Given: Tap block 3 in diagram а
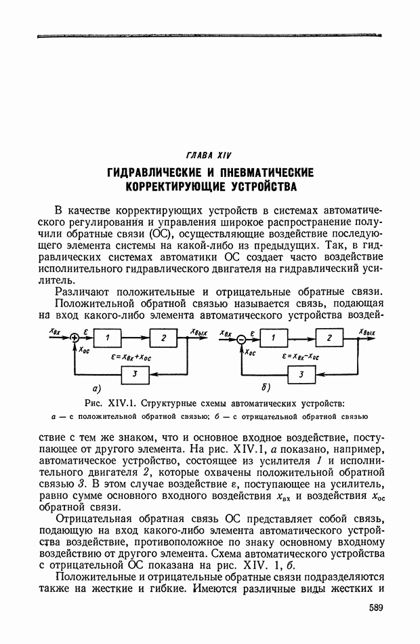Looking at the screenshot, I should [135, 374].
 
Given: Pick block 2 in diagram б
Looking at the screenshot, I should [329, 338].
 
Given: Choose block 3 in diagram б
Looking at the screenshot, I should [301, 374].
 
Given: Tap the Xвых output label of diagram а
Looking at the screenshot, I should [198, 331].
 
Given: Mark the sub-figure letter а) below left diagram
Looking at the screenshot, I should [96, 388].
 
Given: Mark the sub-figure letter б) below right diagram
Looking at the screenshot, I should [264, 388].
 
